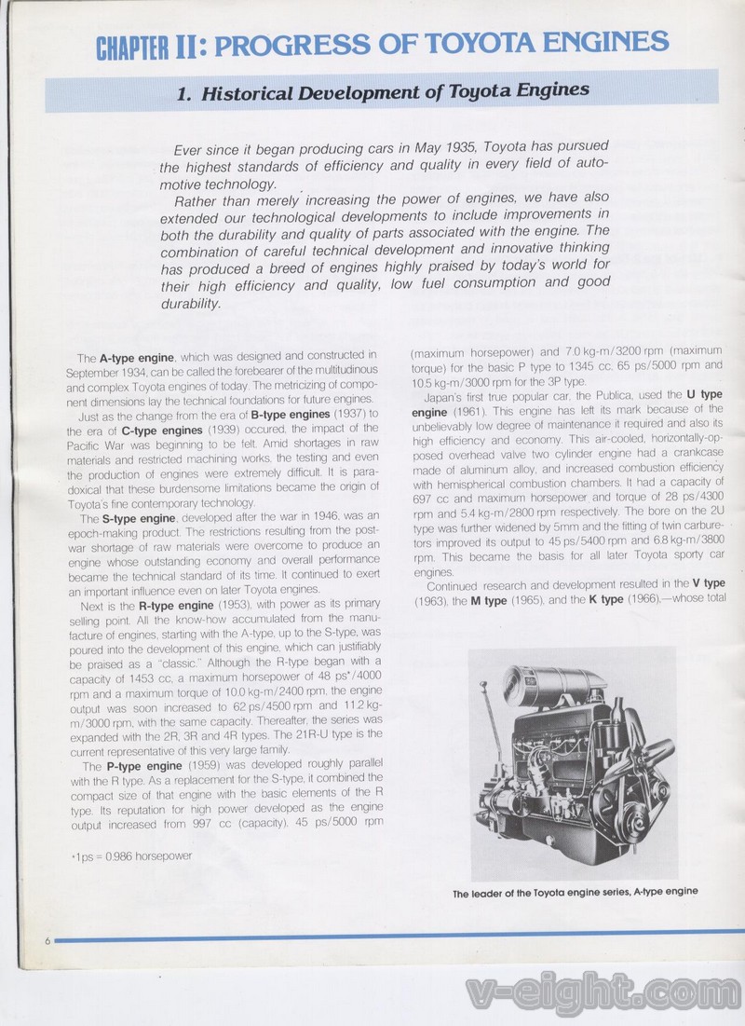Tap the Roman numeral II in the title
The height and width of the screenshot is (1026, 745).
[187, 46]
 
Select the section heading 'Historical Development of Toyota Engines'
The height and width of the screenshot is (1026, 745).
[383, 91]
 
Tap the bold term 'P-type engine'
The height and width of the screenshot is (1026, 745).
[138, 766]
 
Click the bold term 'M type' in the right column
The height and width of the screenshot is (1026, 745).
[489, 600]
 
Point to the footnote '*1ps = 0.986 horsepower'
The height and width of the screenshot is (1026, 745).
[131, 856]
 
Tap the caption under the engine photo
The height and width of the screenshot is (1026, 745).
[575, 892]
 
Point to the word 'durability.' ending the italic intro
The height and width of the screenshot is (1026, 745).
[191, 303]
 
